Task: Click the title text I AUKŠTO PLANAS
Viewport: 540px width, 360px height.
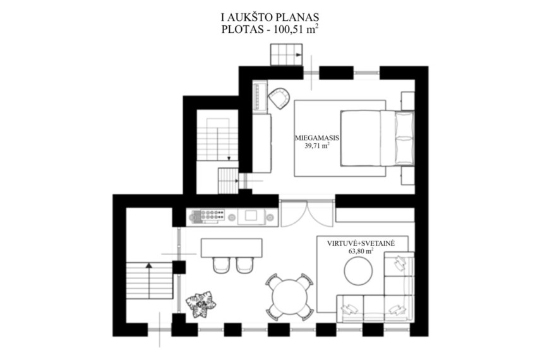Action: [x=270, y=17]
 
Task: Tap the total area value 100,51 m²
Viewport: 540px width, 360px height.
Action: [x=296, y=29]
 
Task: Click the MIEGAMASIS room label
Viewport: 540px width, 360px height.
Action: [x=317, y=138]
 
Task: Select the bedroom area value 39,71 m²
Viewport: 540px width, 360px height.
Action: [x=317, y=146]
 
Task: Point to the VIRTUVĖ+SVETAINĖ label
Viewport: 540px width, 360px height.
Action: [x=361, y=244]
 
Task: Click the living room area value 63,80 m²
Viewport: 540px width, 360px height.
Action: [x=361, y=251]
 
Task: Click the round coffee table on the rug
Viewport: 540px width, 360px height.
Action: [x=358, y=271]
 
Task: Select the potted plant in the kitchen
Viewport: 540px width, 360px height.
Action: [x=201, y=305]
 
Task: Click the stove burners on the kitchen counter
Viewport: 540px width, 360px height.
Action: [x=208, y=215]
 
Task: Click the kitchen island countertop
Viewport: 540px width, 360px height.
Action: [x=231, y=248]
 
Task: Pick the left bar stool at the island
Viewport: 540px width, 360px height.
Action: [x=222, y=265]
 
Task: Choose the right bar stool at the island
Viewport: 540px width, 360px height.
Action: [x=245, y=265]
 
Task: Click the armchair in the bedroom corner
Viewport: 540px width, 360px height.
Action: [x=279, y=98]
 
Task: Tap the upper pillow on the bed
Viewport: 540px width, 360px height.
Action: [x=404, y=123]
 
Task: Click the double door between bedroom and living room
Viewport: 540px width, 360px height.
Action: [x=307, y=213]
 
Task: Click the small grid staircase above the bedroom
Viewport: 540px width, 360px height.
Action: [x=286, y=54]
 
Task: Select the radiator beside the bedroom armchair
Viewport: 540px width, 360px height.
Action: [x=260, y=97]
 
